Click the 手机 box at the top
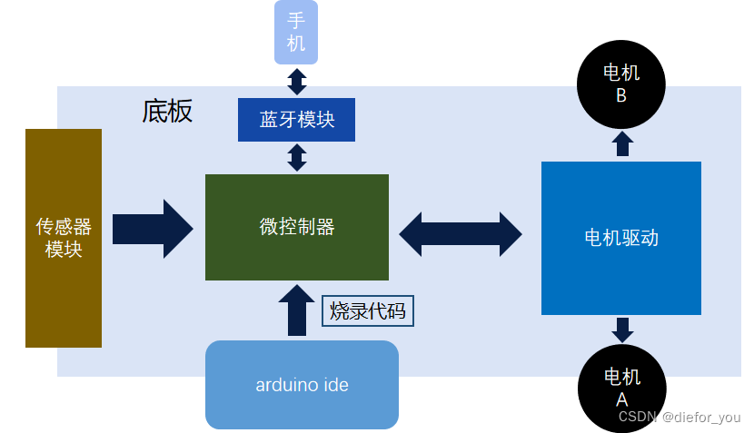tap(296, 33)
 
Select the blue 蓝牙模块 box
tap(296, 120)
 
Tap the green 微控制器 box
tap(296, 227)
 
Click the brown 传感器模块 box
tap(64, 238)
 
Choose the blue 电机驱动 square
tap(621, 238)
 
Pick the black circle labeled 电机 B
tap(621, 83)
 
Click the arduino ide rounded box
tap(302, 385)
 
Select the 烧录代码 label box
tap(368, 311)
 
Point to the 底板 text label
tap(167, 111)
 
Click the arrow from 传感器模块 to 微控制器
tap(153, 229)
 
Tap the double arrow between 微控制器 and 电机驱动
tap(461, 233)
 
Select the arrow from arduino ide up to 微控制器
tap(296, 310)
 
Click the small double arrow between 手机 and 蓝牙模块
tap(296, 81)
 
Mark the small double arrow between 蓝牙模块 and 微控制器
tap(296, 158)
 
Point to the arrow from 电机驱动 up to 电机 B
tap(622, 144)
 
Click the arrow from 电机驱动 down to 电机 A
tap(622, 329)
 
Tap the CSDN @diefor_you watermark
tap(680, 418)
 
